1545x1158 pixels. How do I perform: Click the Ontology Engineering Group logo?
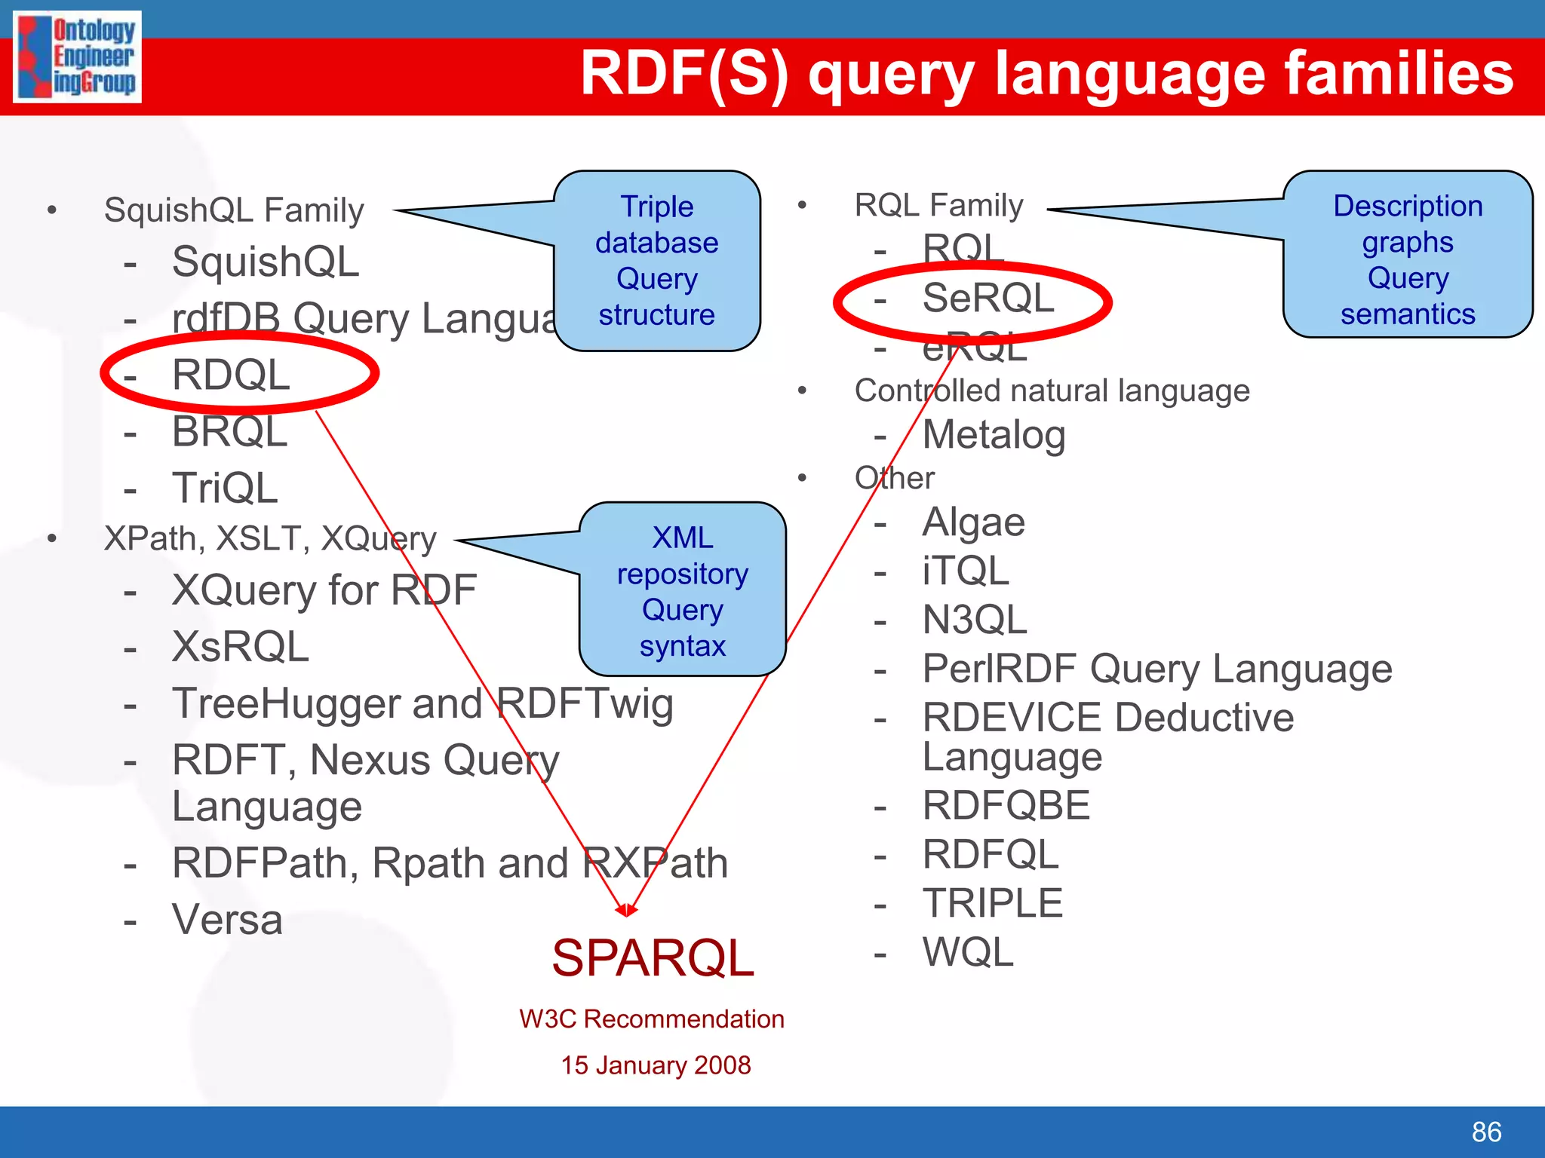click(x=77, y=57)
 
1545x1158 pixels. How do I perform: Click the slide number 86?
click(x=1486, y=1132)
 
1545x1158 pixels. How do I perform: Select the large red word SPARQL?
click(x=653, y=958)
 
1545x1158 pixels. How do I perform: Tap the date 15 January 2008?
click(x=656, y=1065)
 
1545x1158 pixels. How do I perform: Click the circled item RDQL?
click(x=231, y=375)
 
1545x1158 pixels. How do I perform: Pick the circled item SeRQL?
click(x=988, y=298)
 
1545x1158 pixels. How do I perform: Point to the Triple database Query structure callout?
click(x=657, y=261)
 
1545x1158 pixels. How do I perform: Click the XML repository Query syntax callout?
click(x=683, y=591)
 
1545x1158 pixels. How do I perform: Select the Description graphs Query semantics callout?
click(x=1408, y=259)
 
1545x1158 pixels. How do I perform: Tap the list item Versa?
click(x=227, y=920)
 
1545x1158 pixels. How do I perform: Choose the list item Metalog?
click(x=994, y=435)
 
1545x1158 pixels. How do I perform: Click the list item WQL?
click(x=968, y=952)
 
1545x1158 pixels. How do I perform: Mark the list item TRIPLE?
click(x=993, y=903)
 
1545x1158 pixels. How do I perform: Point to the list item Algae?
click(x=973, y=522)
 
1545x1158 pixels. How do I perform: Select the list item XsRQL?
click(x=241, y=647)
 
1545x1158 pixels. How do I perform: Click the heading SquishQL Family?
click(x=234, y=210)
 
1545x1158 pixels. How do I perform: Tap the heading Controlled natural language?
click(x=1052, y=391)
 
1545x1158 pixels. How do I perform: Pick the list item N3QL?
click(x=975, y=620)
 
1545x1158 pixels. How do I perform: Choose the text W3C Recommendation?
click(x=652, y=1019)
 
